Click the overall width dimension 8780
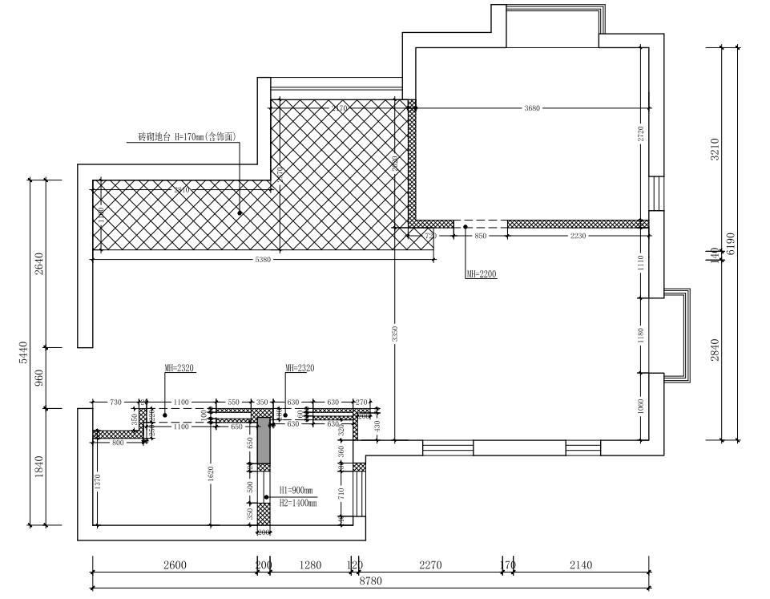click(x=370, y=581)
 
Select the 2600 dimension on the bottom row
click(x=175, y=565)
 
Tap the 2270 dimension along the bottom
click(x=430, y=565)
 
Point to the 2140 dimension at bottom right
click(x=581, y=565)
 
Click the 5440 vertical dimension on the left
click(x=23, y=353)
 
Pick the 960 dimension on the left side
click(x=38, y=378)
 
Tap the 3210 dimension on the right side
click(x=716, y=149)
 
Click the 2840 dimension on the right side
click(x=716, y=350)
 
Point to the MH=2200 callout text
click(x=481, y=274)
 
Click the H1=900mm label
click(x=296, y=490)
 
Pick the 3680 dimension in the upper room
click(x=531, y=107)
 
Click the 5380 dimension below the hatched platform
click(x=263, y=260)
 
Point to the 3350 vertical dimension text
click(x=395, y=334)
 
